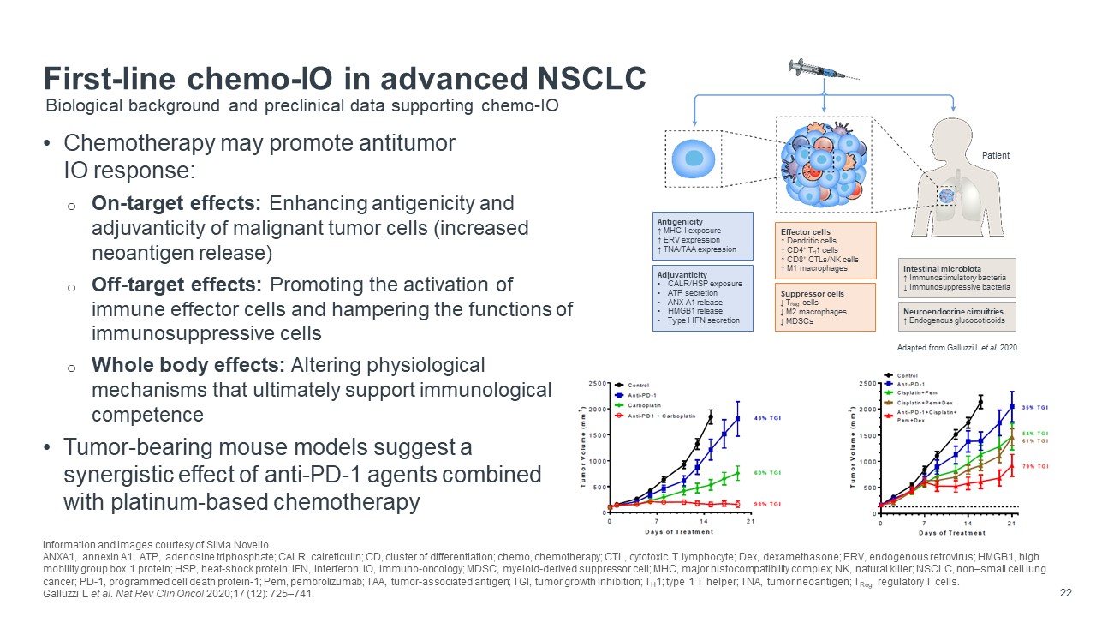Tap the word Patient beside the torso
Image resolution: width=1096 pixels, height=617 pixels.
pyautogui.click(x=996, y=155)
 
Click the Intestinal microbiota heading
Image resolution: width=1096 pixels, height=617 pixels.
pyautogui.click(x=943, y=268)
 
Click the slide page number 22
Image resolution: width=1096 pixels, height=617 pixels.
pyautogui.click(x=1066, y=591)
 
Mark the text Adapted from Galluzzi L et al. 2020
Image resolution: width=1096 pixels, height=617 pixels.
pyautogui.click(x=956, y=349)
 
